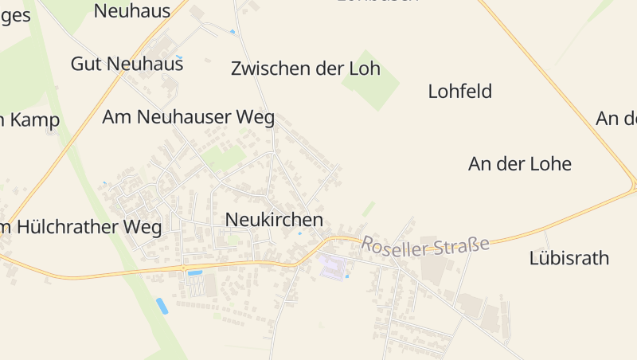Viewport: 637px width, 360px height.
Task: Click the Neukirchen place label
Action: (x=274, y=219)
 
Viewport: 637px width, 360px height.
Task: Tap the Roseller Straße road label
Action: (x=425, y=245)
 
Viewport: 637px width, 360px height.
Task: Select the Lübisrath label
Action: (x=569, y=258)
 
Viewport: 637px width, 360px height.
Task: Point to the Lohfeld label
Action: (x=459, y=91)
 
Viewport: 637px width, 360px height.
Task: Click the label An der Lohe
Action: (x=520, y=164)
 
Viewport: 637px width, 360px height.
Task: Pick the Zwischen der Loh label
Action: (x=305, y=68)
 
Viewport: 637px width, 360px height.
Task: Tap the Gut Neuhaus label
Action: (x=127, y=64)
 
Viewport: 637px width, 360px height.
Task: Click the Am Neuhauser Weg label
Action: (x=188, y=117)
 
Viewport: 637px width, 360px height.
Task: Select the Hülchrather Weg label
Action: (x=81, y=227)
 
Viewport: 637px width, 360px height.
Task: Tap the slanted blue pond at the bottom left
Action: (x=162, y=306)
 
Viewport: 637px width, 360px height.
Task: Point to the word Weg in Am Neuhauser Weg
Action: (x=256, y=117)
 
